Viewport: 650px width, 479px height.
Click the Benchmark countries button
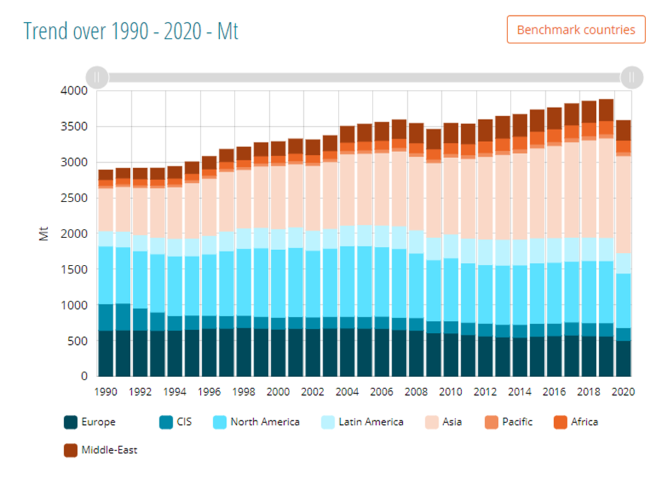pyautogui.click(x=576, y=30)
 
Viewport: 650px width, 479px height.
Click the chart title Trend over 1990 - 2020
pyautogui.click(x=131, y=31)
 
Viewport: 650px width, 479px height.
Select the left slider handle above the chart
pyautogui.click(x=97, y=77)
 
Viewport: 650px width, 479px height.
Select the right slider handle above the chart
pyautogui.click(x=631, y=77)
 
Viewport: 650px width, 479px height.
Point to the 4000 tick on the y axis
pyautogui.click(x=74, y=91)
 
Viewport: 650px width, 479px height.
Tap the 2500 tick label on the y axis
pyautogui.click(x=74, y=198)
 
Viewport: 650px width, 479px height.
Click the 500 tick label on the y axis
pyautogui.click(x=78, y=341)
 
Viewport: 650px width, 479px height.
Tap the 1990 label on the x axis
pyautogui.click(x=106, y=392)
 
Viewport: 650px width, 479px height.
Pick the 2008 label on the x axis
pyautogui.click(x=417, y=392)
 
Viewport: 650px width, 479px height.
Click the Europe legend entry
pyautogui.click(x=90, y=422)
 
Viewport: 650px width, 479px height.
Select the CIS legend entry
pyautogui.click(x=176, y=422)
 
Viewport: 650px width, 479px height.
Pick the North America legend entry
pyautogui.click(x=257, y=422)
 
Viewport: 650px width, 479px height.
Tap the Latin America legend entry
pyautogui.click(x=363, y=422)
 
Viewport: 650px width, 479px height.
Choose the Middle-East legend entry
pyautogui.click(x=101, y=450)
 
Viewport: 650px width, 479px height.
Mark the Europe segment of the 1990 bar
pyautogui.click(x=106, y=354)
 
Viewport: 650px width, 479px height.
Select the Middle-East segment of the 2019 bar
pyautogui.click(x=606, y=110)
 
